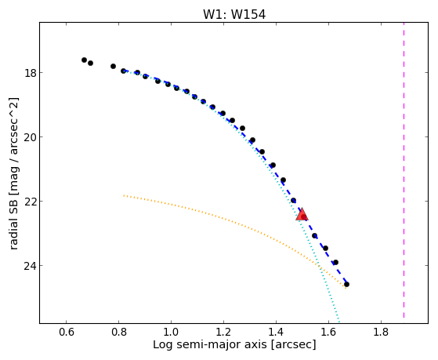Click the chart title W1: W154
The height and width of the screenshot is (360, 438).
tap(234, 15)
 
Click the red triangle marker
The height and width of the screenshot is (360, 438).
tap(302, 214)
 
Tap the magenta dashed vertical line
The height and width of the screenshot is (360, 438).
tap(404, 170)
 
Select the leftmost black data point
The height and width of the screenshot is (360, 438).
tap(84, 60)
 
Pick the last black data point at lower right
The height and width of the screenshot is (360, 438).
tap(346, 285)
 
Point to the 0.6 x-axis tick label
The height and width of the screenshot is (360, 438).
tap(66, 332)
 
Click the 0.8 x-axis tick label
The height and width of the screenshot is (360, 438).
tap(119, 332)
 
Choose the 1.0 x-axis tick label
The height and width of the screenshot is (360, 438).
tap(171, 332)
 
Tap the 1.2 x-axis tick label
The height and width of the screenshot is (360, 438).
tap(223, 332)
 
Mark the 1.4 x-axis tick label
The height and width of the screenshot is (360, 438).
tap(276, 332)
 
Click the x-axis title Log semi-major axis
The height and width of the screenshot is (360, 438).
tap(210, 345)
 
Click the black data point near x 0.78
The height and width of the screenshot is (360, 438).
tap(113, 67)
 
